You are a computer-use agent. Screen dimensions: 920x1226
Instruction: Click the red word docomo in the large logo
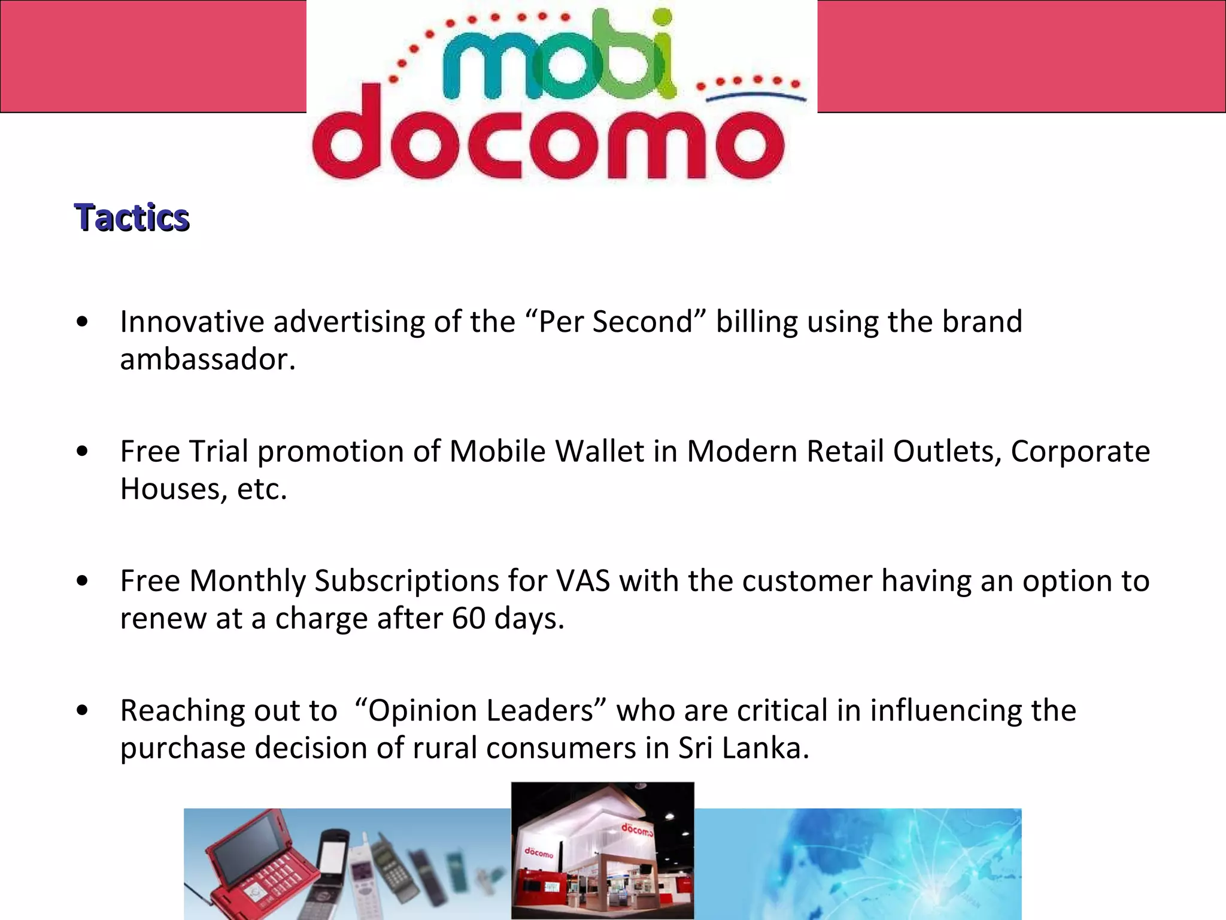pyautogui.click(x=548, y=141)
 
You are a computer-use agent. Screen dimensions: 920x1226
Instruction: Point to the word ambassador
pyautogui.click(x=207, y=359)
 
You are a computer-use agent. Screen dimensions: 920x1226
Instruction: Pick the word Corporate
pyautogui.click(x=1080, y=451)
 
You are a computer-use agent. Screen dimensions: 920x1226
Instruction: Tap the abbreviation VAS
pyautogui.click(x=582, y=580)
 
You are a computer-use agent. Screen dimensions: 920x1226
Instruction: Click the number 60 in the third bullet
pyautogui.click(x=468, y=618)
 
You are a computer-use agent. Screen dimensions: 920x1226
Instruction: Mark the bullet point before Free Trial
pyautogui.click(x=83, y=451)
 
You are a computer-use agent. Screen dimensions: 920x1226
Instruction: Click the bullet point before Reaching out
pyautogui.click(x=83, y=710)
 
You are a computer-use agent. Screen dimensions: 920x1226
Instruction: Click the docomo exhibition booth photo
pyautogui.click(x=602, y=851)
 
